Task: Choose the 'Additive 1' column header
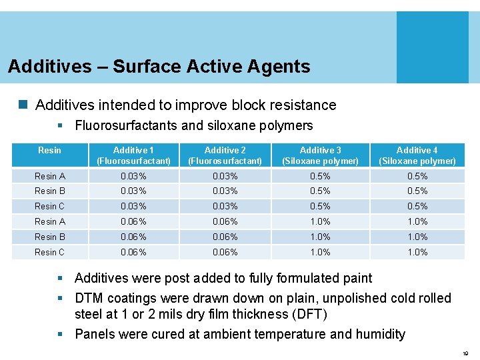133,155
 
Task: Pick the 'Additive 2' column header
225,155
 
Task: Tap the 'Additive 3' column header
320,155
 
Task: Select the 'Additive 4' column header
417,155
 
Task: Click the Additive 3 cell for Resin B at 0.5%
320,191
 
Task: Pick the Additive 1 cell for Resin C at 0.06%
133,252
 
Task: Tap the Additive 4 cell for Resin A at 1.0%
417,221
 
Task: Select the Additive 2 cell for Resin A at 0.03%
225,176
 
